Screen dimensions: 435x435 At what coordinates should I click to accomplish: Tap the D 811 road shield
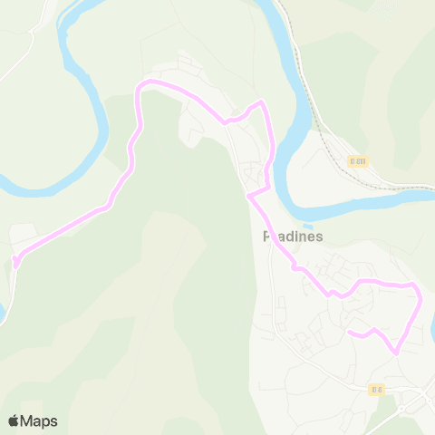pyautogui.click(x=358, y=161)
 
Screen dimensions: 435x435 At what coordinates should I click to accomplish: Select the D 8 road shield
pyautogui.click(x=377, y=390)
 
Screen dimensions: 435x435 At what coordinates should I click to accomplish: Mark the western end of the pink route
pyautogui.click(x=14, y=264)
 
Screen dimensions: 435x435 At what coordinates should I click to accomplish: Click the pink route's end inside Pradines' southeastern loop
pyautogui.click(x=349, y=333)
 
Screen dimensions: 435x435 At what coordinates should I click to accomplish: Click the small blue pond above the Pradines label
pyautogui.click(x=307, y=227)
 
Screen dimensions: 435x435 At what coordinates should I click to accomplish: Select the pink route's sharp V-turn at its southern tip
pyautogui.click(x=395, y=353)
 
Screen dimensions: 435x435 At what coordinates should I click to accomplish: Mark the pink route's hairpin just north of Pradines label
pyautogui.click(x=248, y=194)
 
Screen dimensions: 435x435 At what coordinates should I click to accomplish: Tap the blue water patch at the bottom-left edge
pyautogui.click(x=3, y=313)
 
